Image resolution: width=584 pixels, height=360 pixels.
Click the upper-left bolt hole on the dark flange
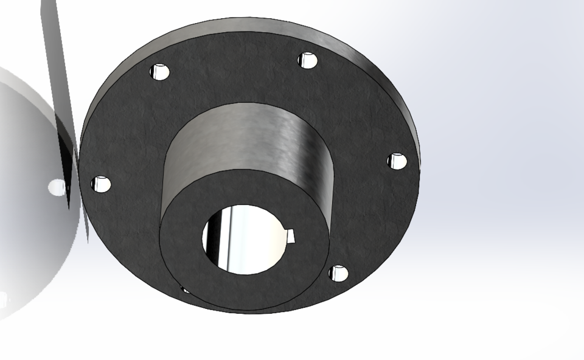(x=161, y=72)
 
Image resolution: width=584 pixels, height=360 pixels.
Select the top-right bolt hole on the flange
(x=308, y=60)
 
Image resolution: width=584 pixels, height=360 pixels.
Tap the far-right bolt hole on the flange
(x=397, y=161)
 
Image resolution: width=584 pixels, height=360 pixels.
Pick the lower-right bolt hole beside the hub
(x=339, y=274)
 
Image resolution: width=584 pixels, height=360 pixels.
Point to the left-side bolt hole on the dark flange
(x=101, y=184)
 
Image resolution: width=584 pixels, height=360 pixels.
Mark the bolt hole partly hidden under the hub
(x=185, y=289)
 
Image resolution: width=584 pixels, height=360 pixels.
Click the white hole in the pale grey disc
(x=56, y=187)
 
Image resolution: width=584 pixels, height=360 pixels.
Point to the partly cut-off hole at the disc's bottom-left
(x=3, y=299)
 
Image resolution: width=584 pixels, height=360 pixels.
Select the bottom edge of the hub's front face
(x=243, y=311)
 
